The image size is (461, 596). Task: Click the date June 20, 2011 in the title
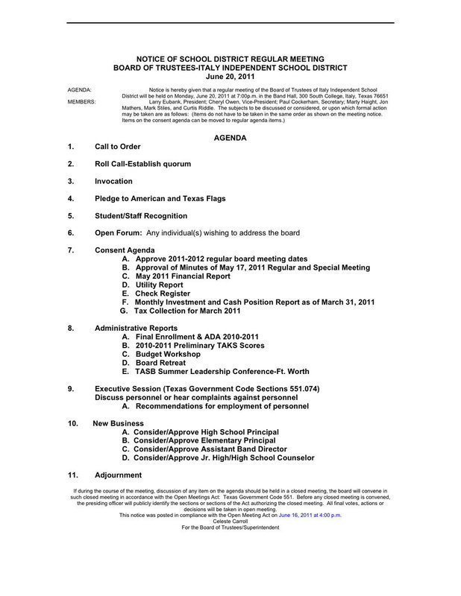[x=230, y=76]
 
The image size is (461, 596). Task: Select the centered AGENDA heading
[x=230, y=138]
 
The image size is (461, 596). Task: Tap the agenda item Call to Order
[x=117, y=147]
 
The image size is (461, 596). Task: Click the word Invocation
[x=113, y=181]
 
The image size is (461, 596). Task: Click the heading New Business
[x=118, y=423]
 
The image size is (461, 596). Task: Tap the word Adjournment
[x=118, y=475]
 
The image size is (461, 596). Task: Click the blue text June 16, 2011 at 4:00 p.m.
[x=310, y=515]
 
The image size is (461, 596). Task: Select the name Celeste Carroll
[x=230, y=521]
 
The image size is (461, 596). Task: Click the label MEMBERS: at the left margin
[x=81, y=101]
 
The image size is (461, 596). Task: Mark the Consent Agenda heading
[x=125, y=250]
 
